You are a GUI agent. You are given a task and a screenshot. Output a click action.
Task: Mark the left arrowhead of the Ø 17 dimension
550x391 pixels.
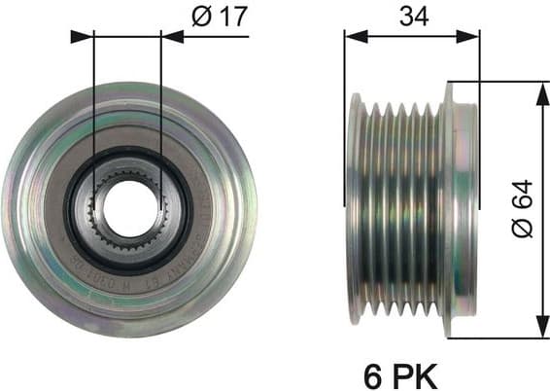click(x=82, y=36)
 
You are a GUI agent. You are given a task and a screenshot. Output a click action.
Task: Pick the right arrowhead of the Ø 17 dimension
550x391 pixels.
click(x=172, y=36)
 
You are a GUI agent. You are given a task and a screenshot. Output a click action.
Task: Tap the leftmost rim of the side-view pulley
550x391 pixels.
click(x=356, y=209)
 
